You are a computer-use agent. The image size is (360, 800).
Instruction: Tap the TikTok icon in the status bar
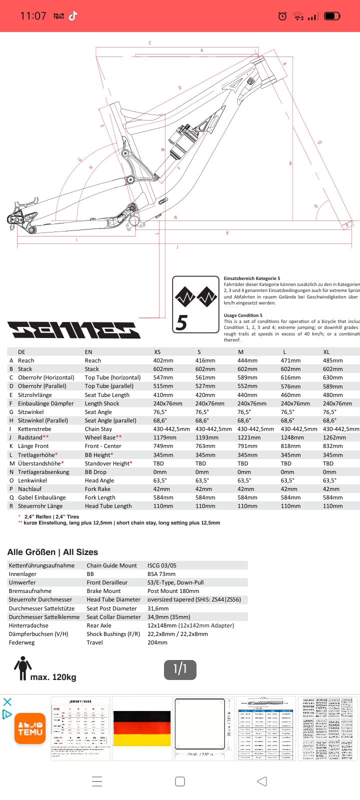(73, 16)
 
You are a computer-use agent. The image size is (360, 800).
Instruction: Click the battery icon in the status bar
(332, 16)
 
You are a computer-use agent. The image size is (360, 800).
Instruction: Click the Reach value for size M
(247, 360)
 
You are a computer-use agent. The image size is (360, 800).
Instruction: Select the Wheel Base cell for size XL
(334, 437)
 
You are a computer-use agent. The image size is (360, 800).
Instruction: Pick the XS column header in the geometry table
(157, 352)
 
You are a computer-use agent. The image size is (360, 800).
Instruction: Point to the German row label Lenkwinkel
(32, 480)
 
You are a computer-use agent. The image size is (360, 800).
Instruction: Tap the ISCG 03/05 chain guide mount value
(161, 565)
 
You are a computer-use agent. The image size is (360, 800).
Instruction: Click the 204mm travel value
(157, 642)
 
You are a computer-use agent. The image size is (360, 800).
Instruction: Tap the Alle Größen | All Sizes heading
(52, 552)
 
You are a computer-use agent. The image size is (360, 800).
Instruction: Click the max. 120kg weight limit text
(53, 677)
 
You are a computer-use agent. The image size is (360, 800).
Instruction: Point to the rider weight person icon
(22, 668)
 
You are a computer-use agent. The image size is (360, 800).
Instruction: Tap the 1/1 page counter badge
(180, 669)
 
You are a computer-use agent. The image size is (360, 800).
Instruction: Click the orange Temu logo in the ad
(30, 728)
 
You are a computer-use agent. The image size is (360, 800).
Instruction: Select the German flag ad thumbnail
(142, 728)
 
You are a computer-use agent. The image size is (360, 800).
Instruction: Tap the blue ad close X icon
(7, 701)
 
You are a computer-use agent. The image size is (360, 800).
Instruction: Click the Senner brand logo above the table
(74, 330)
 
